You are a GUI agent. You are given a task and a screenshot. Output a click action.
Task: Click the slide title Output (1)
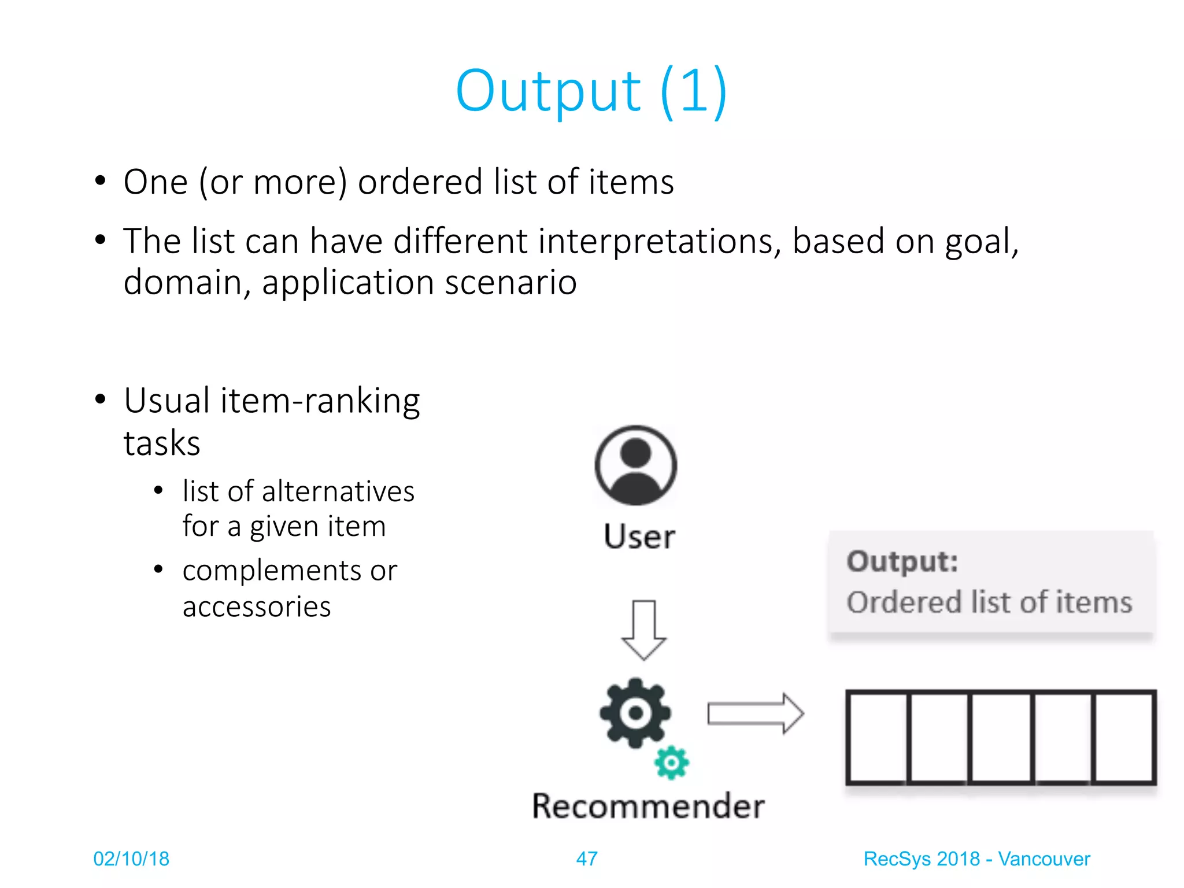point(591,91)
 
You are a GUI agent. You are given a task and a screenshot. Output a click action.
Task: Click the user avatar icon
point(635,465)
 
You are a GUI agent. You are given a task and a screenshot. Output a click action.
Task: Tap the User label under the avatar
point(639,536)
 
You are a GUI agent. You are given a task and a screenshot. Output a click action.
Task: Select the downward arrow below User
point(643,630)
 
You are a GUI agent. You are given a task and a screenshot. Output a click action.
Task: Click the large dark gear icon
point(635,712)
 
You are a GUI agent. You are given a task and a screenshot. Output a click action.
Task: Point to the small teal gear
point(671,763)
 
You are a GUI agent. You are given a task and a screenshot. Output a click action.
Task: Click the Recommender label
point(648,806)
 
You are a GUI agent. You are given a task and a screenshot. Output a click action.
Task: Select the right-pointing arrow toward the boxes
point(755,713)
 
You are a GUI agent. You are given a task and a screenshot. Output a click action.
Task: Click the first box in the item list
point(877,737)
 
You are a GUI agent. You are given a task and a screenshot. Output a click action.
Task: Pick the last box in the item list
point(1124,737)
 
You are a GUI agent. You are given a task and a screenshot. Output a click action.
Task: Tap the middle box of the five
point(1001,737)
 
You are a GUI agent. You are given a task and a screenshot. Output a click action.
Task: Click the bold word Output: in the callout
point(902,561)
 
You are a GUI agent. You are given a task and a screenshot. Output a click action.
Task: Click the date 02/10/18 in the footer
point(131,859)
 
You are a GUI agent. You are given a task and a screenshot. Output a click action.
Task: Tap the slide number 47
point(586,859)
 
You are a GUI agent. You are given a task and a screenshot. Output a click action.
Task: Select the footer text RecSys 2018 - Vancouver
point(976,859)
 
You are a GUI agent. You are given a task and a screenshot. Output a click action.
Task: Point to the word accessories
point(257,606)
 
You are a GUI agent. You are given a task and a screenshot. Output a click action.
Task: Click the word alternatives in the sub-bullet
point(338,491)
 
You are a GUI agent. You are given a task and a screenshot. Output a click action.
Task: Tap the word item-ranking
point(320,401)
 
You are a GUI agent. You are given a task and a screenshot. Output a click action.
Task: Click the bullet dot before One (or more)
point(101,181)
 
